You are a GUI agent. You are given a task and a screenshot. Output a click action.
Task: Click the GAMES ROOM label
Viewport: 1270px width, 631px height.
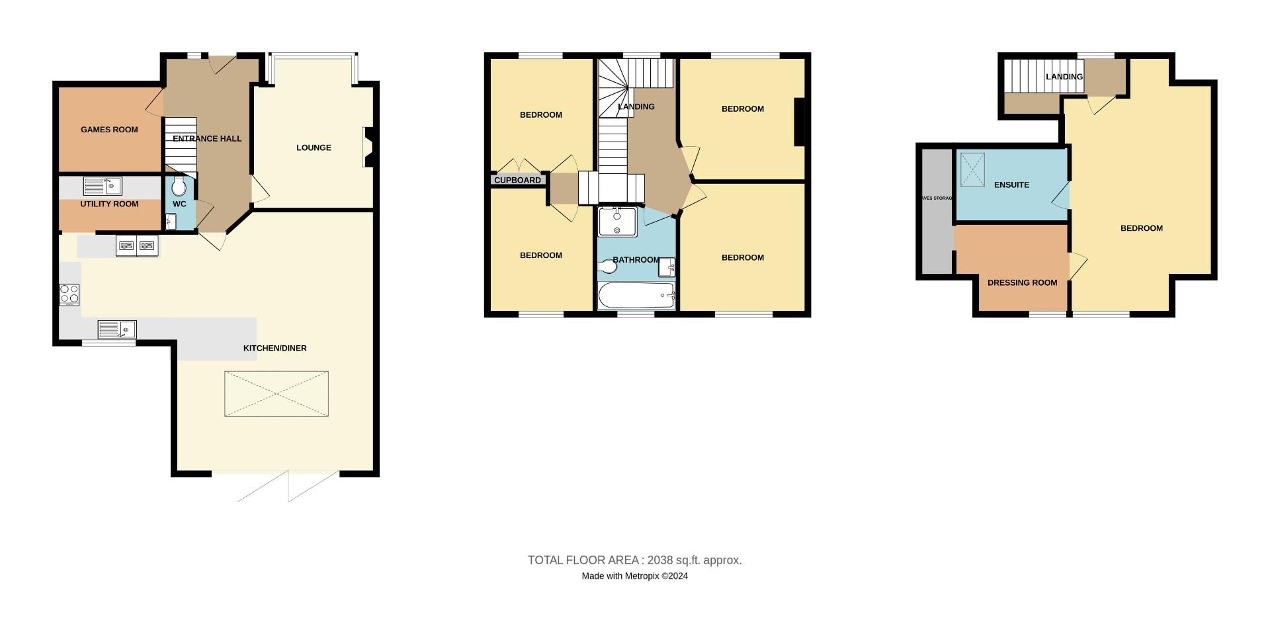click(109, 130)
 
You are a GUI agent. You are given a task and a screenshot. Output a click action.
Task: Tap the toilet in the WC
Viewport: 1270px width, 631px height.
click(179, 187)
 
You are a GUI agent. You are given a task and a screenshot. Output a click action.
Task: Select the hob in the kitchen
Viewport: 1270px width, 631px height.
click(69, 294)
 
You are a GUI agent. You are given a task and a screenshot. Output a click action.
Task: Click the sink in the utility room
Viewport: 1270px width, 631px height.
click(103, 186)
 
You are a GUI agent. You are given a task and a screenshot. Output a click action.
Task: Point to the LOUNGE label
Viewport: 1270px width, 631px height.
click(314, 147)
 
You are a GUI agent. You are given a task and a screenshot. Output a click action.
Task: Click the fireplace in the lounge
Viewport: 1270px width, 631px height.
click(367, 147)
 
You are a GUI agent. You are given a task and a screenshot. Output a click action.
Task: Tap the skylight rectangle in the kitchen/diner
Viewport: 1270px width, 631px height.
click(276, 394)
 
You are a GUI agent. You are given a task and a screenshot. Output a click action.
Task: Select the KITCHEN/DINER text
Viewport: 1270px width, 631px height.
click(275, 348)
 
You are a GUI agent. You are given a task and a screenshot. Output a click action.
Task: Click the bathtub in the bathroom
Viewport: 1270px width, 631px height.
click(636, 296)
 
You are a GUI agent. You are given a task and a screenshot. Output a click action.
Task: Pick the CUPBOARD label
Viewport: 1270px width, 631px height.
click(517, 180)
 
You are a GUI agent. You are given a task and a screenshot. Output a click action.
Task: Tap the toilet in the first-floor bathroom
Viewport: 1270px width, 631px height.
click(607, 266)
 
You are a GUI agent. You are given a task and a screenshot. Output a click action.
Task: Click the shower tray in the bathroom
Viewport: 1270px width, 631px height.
click(616, 222)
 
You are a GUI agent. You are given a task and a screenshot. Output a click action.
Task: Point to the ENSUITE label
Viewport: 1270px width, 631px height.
click(1011, 185)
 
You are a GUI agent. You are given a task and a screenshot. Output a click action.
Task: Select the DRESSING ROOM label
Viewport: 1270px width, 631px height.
click(1022, 282)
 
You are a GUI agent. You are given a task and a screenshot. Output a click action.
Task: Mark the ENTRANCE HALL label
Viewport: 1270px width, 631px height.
click(207, 138)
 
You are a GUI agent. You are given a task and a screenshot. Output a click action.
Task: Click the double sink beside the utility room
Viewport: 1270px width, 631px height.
click(137, 246)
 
